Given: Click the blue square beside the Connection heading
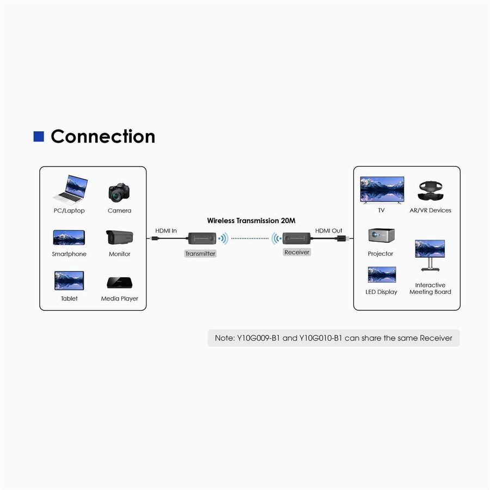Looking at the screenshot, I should (x=39, y=136).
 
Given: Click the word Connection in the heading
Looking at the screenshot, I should (x=103, y=136).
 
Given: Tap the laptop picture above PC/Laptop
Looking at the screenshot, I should (x=69, y=188).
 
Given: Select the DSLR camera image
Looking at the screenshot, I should (x=119, y=192).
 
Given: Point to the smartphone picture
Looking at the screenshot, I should (x=69, y=237).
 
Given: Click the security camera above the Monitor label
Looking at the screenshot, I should (x=120, y=237).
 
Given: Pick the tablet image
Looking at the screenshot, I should (x=69, y=281).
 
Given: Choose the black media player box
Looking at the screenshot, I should (x=119, y=283).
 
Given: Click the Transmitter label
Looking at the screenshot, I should (x=200, y=254).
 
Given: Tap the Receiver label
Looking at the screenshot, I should (x=297, y=252).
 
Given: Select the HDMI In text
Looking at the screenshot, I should (x=166, y=231).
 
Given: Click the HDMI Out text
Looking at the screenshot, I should (x=329, y=231).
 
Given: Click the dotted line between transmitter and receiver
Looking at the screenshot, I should (x=250, y=238).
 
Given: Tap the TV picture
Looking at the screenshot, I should (x=382, y=189).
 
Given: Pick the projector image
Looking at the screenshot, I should (x=381, y=236).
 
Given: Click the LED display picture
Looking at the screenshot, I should (x=382, y=275).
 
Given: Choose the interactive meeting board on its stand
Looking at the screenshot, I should (x=430, y=254).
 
